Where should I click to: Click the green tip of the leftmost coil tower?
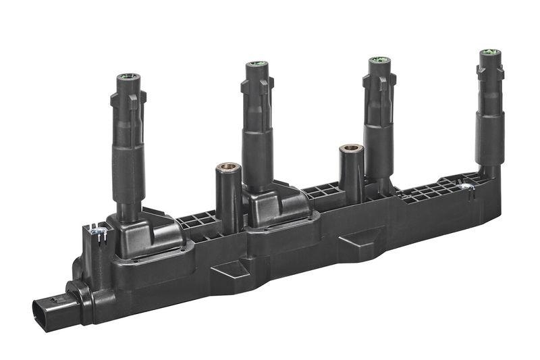click(x=126, y=77)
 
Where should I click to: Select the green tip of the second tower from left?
click(x=256, y=64)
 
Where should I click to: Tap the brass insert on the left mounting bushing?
click(x=228, y=167)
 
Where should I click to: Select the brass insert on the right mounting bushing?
click(x=351, y=147)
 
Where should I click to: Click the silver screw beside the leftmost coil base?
click(x=98, y=232)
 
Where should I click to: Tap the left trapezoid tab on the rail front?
click(x=230, y=274)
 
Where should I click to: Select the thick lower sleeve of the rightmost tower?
click(x=489, y=138)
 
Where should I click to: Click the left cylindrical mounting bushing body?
click(x=228, y=199)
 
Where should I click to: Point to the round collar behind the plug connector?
click(x=79, y=298)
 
